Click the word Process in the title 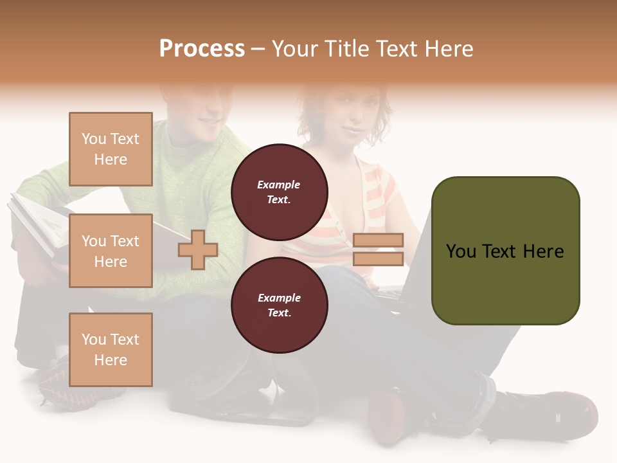pos(202,49)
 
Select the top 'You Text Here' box pos(111,149)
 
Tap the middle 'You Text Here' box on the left pos(111,251)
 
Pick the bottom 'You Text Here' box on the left pos(111,349)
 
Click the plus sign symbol pos(198,250)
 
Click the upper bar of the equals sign pos(378,241)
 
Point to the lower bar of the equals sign pos(378,259)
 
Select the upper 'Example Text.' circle pos(279,192)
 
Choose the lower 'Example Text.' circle pos(279,305)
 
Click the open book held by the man pos(39,225)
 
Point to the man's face pos(206,113)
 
